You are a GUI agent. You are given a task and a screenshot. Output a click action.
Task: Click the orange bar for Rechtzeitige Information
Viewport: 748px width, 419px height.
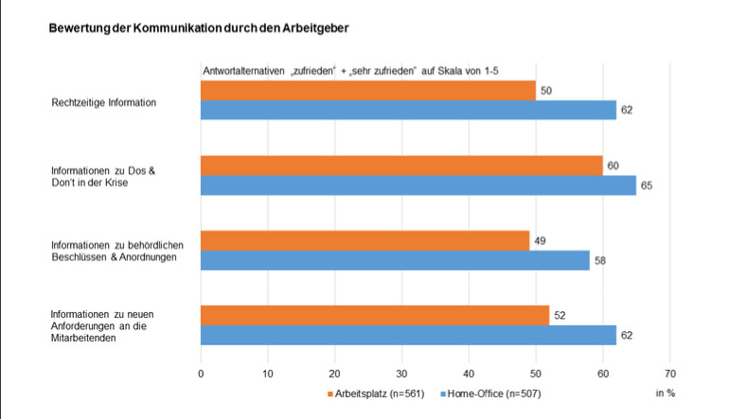point(367,91)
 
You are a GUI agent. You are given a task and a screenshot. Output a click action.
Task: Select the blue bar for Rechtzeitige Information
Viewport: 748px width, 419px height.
point(408,110)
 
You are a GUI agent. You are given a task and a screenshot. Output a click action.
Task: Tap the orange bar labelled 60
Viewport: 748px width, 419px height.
point(401,166)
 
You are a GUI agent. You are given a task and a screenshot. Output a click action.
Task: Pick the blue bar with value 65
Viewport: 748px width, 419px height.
point(418,184)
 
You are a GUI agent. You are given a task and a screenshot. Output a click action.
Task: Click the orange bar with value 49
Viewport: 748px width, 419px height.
point(365,240)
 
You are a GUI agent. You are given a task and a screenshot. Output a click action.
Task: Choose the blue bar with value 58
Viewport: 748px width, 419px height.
point(395,259)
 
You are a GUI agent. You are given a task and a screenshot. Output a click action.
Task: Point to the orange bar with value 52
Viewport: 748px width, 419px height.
point(375,316)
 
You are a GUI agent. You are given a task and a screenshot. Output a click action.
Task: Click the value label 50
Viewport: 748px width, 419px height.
point(545,91)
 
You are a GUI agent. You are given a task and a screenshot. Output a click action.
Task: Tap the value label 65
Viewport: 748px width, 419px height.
point(647,185)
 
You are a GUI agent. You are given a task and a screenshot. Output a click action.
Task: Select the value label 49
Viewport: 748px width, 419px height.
point(539,241)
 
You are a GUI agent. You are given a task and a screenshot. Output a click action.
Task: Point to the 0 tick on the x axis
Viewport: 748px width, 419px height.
point(201,374)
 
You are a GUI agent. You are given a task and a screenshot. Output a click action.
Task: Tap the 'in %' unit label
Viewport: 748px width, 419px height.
point(665,392)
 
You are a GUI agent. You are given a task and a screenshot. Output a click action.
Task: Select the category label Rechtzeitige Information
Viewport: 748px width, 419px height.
point(103,101)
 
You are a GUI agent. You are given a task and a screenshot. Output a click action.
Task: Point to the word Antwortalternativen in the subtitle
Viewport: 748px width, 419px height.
point(233,71)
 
